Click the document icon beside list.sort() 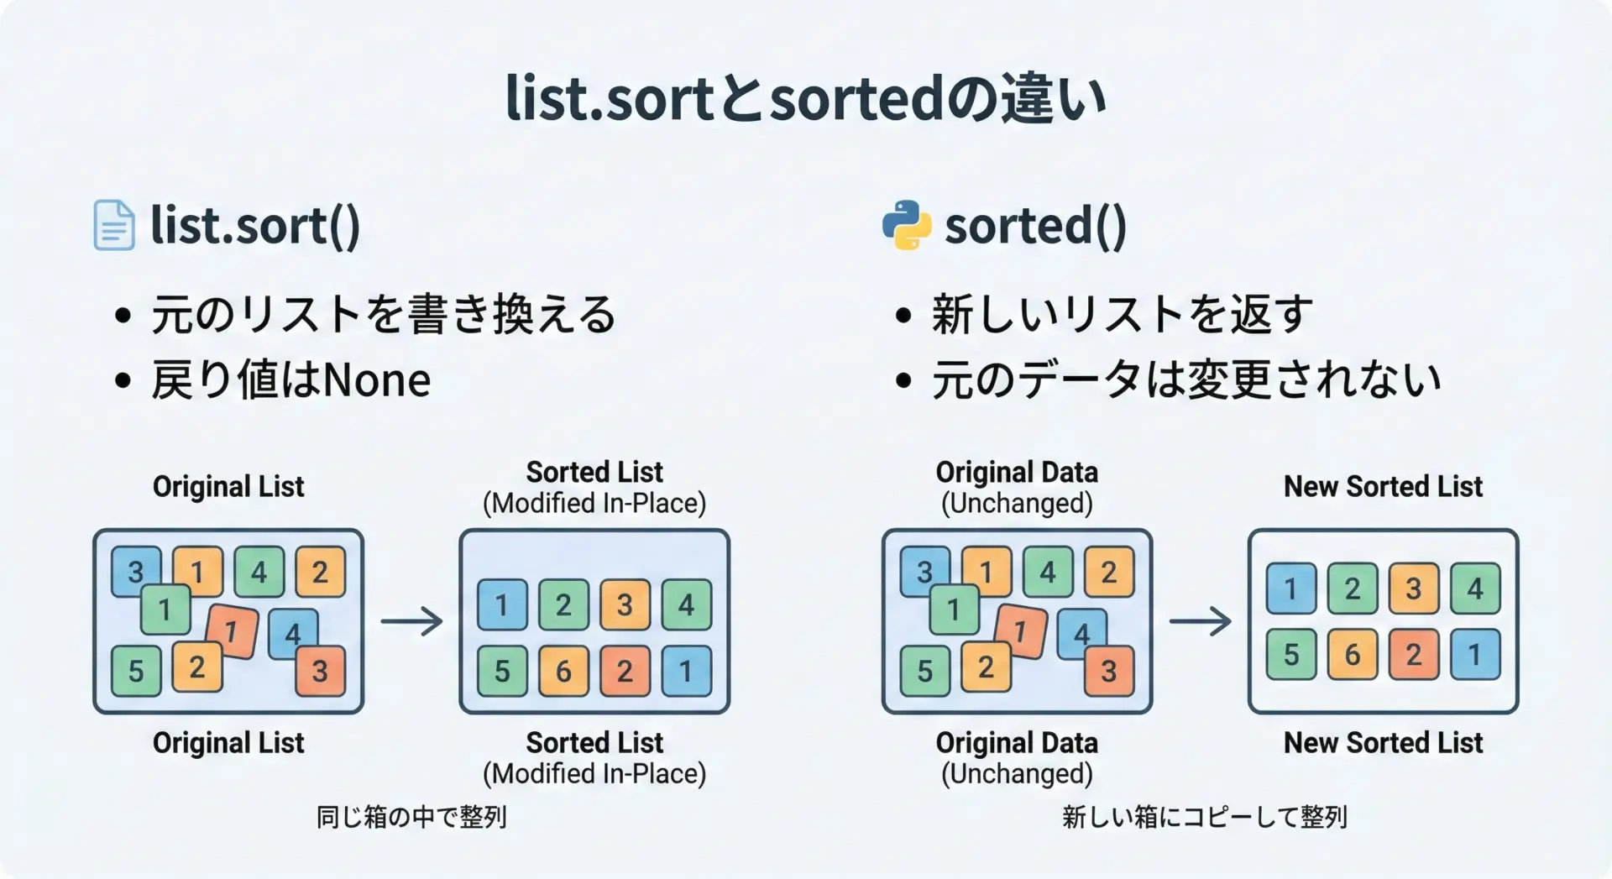[x=113, y=225]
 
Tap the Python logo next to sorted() [x=907, y=225]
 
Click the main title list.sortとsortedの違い [x=806, y=99]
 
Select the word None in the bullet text [x=377, y=380]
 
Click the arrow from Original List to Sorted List [x=411, y=621]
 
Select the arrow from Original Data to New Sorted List [x=1201, y=621]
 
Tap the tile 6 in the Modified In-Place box [x=563, y=671]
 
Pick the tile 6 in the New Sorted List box [x=1353, y=654]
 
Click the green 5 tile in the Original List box [x=136, y=671]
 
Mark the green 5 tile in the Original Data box [x=925, y=671]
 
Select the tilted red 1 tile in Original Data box [x=1021, y=631]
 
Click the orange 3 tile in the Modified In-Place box [x=625, y=604]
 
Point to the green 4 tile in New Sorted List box [x=1475, y=589]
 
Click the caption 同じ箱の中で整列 [x=411, y=817]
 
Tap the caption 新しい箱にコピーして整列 [x=1205, y=817]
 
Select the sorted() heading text [x=1036, y=225]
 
